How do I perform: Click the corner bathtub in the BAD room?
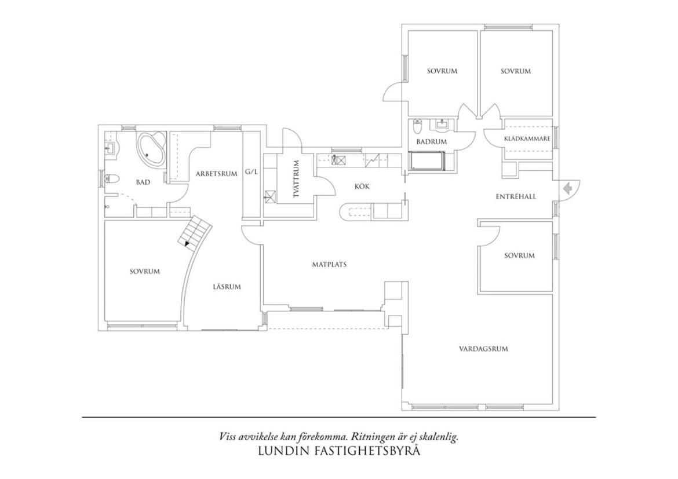coord(151,149)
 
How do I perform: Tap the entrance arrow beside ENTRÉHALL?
coord(567,188)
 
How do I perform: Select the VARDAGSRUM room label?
coord(483,349)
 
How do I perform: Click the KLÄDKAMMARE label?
coord(527,139)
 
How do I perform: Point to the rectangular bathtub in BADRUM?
coord(427,161)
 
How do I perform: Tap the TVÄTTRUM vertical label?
coord(296,179)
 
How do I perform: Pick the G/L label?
coord(251,171)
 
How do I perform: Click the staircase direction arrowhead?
coord(187,243)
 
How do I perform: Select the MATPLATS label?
coord(329,264)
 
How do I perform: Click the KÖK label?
coord(362,187)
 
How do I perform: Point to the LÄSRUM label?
coord(227,287)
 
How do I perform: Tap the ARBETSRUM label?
coord(216,174)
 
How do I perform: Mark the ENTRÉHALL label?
coord(515,196)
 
